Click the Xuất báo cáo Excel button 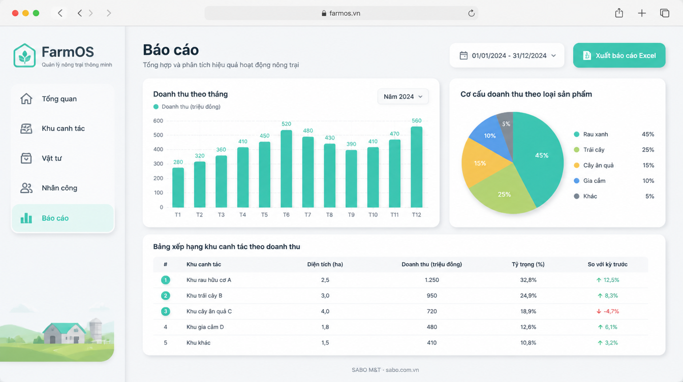tap(619, 55)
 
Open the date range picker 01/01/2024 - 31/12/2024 tap(507, 55)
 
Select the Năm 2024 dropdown tap(403, 97)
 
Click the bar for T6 tap(286, 169)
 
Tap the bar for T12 tap(417, 167)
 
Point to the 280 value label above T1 tap(178, 162)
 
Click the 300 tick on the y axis tap(158, 164)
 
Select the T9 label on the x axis tap(351, 215)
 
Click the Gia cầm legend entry tap(594, 181)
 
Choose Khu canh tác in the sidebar tap(63, 129)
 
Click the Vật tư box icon tap(26, 158)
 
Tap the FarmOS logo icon tap(24, 55)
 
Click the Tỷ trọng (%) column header tap(528, 264)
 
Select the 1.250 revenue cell tap(432, 280)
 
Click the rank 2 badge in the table tap(166, 296)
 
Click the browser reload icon tap(472, 13)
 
